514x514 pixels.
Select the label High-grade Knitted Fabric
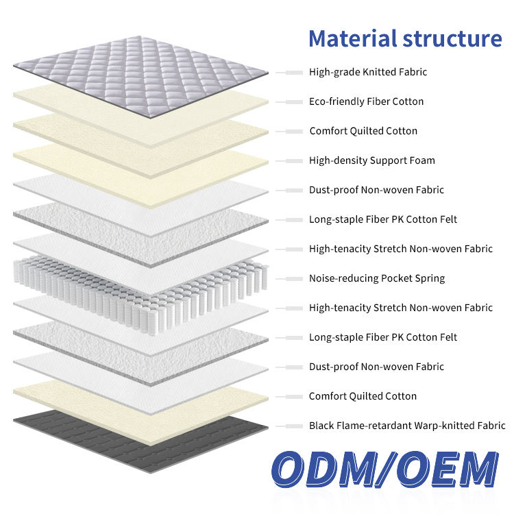pyautogui.click(x=368, y=72)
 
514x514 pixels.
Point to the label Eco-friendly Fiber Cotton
pyautogui.click(x=366, y=101)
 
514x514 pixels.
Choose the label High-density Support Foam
pyautogui.click(x=371, y=160)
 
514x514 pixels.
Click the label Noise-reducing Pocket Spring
pyautogui.click(x=376, y=278)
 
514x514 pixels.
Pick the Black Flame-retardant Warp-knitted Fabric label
pyautogui.click(x=407, y=426)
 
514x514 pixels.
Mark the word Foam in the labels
pyautogui.click(x=422, y=160)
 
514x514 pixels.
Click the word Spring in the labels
pyautogui.click(x=428, y=278)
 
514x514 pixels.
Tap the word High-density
pyautogui.click(x=337, y=160)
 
